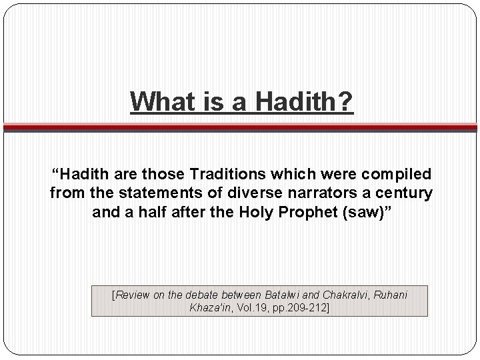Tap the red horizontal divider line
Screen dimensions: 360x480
[x=240, y=125]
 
